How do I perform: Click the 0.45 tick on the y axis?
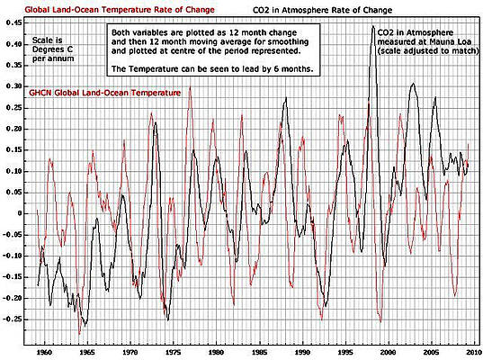13,23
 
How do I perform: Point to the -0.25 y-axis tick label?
12,319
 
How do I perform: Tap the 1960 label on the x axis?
44,352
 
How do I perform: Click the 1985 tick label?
259,352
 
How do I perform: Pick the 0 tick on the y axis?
19,213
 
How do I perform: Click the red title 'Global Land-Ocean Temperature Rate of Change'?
120,10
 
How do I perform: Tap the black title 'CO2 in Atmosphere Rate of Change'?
322,10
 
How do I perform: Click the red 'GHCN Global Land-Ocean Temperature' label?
104,93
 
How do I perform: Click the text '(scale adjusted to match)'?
428,51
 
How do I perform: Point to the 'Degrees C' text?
53,49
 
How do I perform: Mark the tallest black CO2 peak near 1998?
373,26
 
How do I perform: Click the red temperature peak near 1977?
190,87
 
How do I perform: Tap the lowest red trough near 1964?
79,334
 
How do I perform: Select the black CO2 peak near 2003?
413,84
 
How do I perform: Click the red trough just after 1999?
380,321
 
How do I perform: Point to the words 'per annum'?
53,58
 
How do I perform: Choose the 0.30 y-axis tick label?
13,86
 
